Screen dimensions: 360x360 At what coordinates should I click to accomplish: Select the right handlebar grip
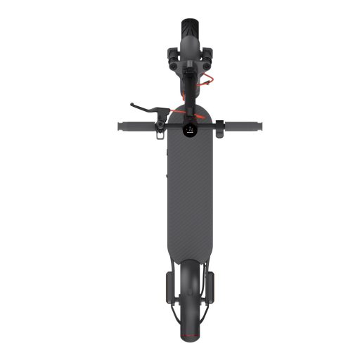(245, 126)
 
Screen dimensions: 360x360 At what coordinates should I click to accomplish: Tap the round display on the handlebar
(189, 129)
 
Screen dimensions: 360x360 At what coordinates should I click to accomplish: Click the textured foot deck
(190, 197)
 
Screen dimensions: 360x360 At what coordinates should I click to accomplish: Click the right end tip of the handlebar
(263, 126)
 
